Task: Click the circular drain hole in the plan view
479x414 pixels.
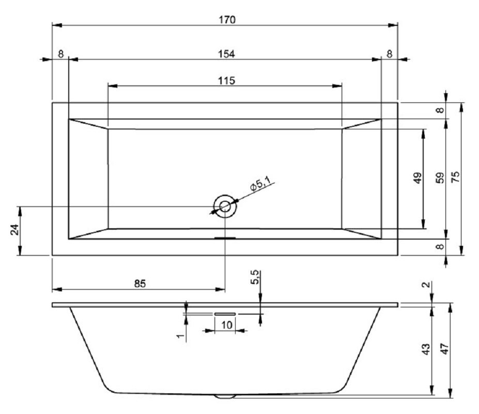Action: (225, 206)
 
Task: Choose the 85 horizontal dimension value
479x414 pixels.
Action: (140, 283)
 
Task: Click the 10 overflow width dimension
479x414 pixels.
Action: (226, 324)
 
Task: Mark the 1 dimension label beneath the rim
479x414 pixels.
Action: (180, 336)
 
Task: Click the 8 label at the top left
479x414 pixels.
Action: (61, 54)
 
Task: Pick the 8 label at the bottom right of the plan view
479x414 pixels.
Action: (440, 247)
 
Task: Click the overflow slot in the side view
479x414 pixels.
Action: (225, 314)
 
